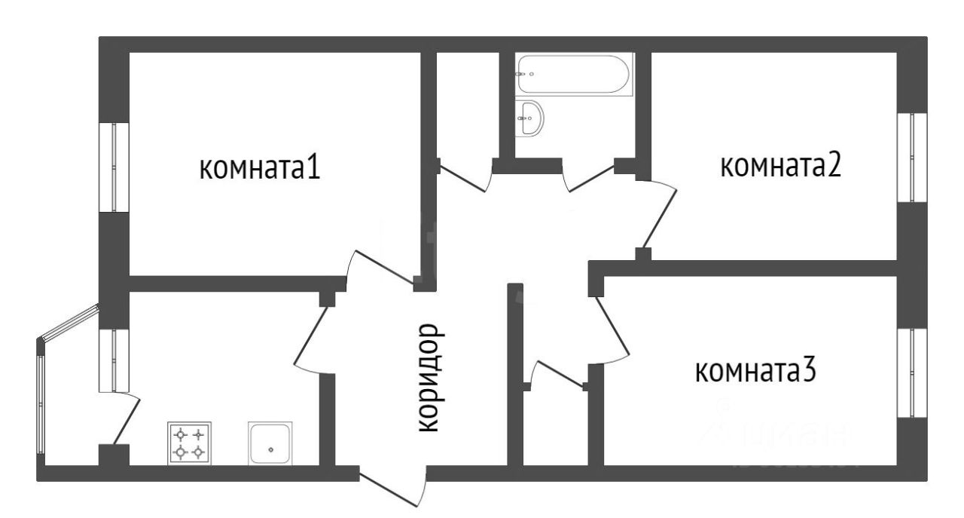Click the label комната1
click(260, 167)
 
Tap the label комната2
click(780, 166)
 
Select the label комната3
click(755, 371)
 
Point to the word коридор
click(427, 378)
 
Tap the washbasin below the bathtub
click(531, 118)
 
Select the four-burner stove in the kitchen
click(189, 443)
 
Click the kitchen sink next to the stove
click(270, 443)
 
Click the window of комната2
click(911, 157)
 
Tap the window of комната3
click(911, 372)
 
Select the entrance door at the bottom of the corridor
click(393, 491)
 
